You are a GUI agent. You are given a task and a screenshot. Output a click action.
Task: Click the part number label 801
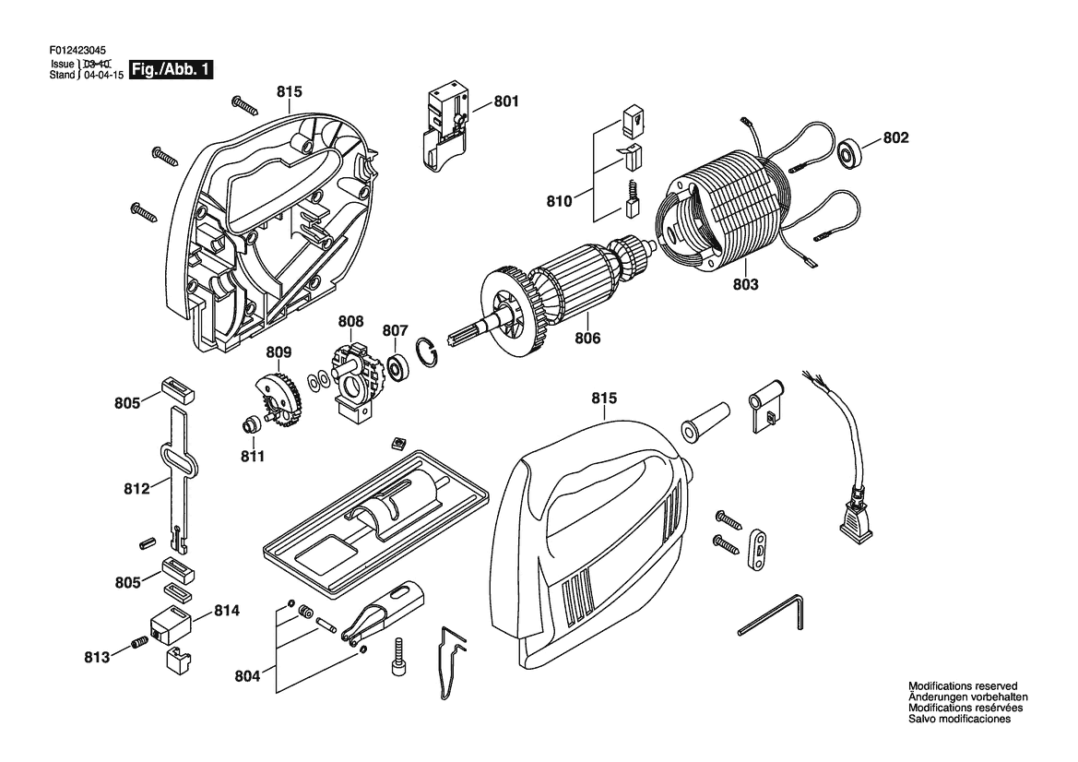pos(506,101)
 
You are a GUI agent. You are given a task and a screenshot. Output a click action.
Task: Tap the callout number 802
pos(896,138)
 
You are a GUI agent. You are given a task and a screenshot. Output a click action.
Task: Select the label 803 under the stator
pos(746,285)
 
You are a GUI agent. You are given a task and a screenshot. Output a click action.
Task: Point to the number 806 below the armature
pos(587,339)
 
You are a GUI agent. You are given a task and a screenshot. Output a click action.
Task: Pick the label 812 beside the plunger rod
pos(136,489)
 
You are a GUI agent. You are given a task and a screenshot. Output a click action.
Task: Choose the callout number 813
pos(97,657)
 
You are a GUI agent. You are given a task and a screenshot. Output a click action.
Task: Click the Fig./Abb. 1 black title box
pos(172,70)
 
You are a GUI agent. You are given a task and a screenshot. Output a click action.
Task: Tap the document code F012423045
pos(80,53)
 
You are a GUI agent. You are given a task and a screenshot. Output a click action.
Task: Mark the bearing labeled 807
pos(400,368)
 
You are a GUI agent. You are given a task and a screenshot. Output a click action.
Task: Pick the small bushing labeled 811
pos(248,425)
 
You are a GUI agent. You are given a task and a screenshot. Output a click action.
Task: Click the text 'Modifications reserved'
pos(963,686)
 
